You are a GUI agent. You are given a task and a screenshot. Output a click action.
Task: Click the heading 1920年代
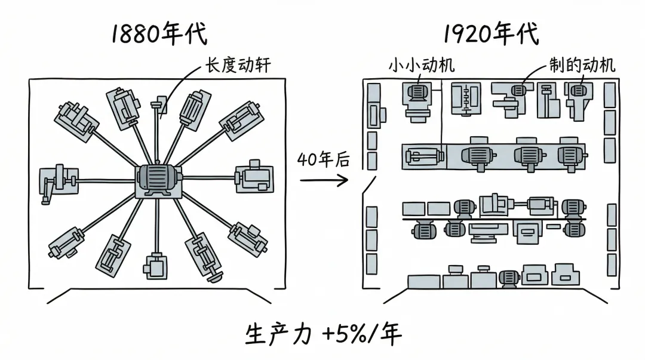490,34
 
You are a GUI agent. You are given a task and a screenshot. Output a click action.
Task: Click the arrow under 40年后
324,180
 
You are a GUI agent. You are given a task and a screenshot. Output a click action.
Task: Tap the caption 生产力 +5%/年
323,335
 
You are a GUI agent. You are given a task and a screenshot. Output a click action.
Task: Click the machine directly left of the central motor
57,181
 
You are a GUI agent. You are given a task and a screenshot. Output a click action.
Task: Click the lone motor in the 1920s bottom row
509,278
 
